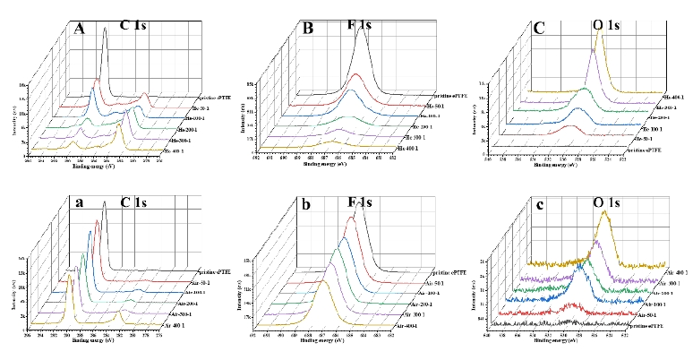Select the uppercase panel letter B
[308, 29]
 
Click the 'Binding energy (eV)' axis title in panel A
[97, 166]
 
